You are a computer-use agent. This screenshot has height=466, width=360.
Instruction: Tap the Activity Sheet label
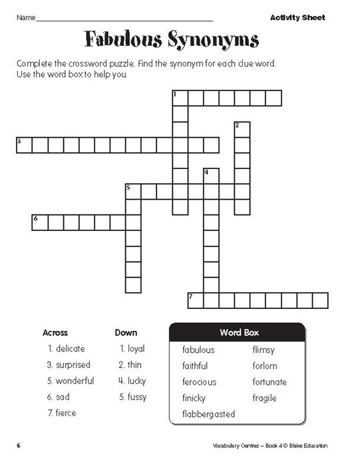[x=297, y=17]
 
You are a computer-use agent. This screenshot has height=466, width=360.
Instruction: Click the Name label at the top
[x=25, y=18]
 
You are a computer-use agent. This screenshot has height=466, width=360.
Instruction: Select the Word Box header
[x=239, y=332]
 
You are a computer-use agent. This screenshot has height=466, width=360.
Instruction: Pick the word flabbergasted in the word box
[x=208, y=414]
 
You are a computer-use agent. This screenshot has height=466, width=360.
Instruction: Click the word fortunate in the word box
[x=270, y=382]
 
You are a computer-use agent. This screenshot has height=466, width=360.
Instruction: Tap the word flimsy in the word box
[x=264, y=349]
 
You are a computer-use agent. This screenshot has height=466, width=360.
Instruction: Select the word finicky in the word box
[x=194, y=398]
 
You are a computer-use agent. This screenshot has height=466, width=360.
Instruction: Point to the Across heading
[x=55, y=332]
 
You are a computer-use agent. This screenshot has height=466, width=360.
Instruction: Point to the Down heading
[x=126, y=332]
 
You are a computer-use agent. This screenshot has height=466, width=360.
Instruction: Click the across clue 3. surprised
[x=69, y=365]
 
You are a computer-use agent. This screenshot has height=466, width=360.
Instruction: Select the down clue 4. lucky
[x=132, y=381]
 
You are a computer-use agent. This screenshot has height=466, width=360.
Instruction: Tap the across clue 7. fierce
[x=62, y=413]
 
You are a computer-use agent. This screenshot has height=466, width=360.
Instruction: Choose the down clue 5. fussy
[x=132, y=397]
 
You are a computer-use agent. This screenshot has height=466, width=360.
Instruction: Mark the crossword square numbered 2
[x=242, y=129]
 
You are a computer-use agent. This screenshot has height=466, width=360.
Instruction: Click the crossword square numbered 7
[x=195, y=300]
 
